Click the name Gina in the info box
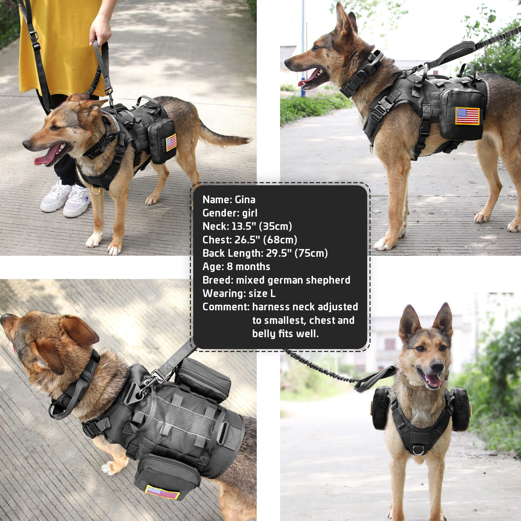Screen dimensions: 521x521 (245, 199)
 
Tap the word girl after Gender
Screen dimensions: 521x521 (250, 213)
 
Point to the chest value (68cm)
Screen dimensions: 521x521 (280, 240)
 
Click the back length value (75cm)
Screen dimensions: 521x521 (311, 253)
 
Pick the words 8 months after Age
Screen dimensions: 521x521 (249, 266)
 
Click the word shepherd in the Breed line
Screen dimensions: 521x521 (328, 280)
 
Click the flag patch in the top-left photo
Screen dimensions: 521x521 (171, 143)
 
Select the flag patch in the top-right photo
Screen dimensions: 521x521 (467, 116)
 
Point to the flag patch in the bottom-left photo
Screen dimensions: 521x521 (163, 492)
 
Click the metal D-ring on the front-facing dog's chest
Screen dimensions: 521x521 (418, 450)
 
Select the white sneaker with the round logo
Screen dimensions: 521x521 (77, 201)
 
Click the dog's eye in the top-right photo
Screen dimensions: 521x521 (316, 48)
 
